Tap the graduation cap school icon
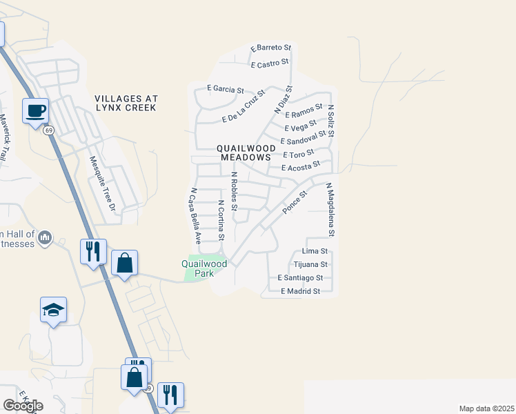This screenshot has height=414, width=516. point(54,310)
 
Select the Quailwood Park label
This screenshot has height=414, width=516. point(204,268)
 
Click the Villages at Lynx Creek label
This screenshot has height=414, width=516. point(126,103)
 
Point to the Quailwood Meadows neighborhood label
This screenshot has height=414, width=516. point(246,152)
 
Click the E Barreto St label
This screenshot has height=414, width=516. point(272,48)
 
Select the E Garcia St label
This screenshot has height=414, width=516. point(226,89)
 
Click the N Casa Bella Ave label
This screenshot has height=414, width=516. point(195,217)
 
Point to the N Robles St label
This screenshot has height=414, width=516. point(234,191)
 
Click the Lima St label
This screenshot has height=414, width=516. point(315,253)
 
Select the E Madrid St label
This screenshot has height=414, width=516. point(300,291)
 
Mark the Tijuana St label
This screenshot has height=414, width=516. point(310,264)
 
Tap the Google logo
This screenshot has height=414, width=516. point(23,405)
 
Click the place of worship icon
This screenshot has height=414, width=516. point(46,238)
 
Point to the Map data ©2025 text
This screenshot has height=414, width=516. point(486,408)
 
